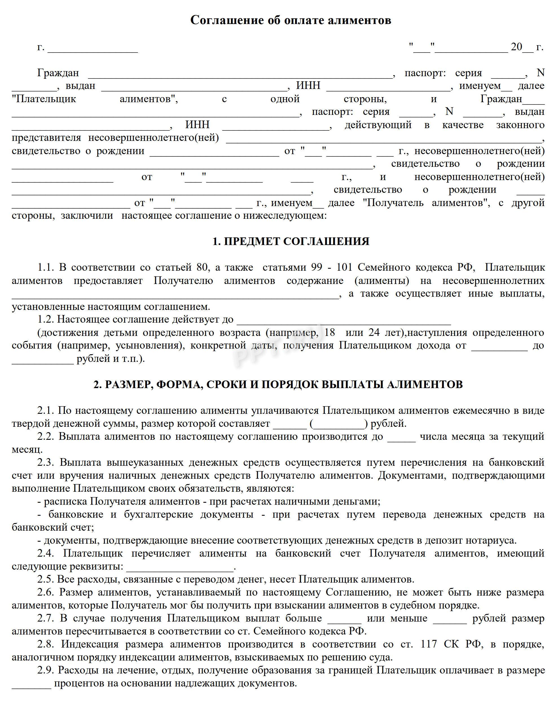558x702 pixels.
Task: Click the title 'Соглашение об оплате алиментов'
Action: (x=291, y=20)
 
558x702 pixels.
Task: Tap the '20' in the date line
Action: (x=516, y=47)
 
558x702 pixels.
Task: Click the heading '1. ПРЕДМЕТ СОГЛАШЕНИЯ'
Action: (x=291, y=241)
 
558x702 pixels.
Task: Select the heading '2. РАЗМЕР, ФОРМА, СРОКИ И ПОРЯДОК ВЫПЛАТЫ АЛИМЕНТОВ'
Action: (x=278, y=384)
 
